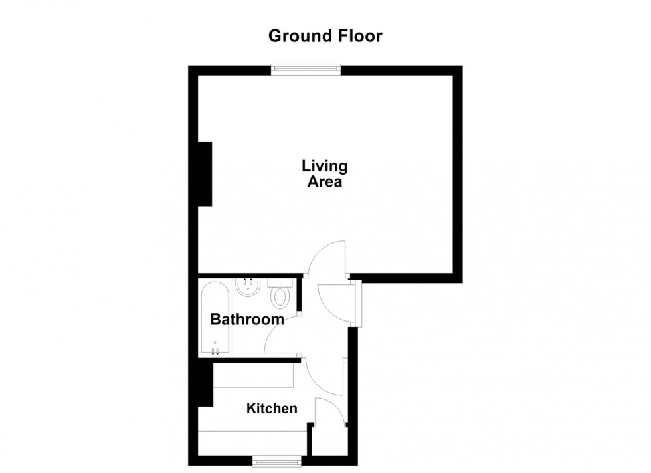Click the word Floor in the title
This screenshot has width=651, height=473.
[x=359, y=36]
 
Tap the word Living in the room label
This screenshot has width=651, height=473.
[x=324, y=165]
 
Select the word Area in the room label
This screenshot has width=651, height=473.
[x=324, y=181]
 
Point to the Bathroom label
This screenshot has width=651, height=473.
[x=247, y=320]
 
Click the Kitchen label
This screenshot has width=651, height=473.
[x=272, y=408]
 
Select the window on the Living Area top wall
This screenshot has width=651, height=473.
[x=306, y=67]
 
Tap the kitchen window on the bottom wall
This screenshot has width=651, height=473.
[x=276, y=458]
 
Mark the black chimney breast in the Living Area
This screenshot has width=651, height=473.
[x=205, y=173]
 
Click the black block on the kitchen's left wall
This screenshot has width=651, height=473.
[x=205, y=386]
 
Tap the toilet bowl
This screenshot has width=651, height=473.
[x=282, y=296]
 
